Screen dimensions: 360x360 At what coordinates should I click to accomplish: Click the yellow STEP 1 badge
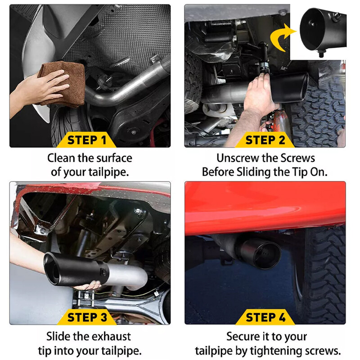click(x=86, y=140)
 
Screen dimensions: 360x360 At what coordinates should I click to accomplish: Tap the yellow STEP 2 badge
click(x=265, y=140)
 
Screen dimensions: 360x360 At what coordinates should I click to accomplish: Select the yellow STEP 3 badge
click(x=87, y=317)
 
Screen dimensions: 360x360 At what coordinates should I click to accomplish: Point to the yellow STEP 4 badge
click(x=265, y=317)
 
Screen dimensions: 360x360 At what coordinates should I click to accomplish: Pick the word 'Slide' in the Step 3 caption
click(x=58, y=337)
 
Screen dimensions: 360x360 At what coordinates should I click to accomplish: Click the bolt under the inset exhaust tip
click(x=321, y=54)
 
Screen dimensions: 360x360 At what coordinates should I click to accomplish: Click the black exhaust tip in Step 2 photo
click(x=290, y=88)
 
